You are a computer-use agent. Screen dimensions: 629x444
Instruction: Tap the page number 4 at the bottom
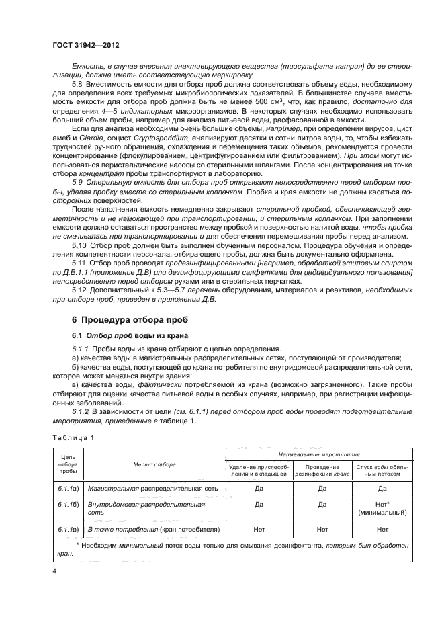54,571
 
